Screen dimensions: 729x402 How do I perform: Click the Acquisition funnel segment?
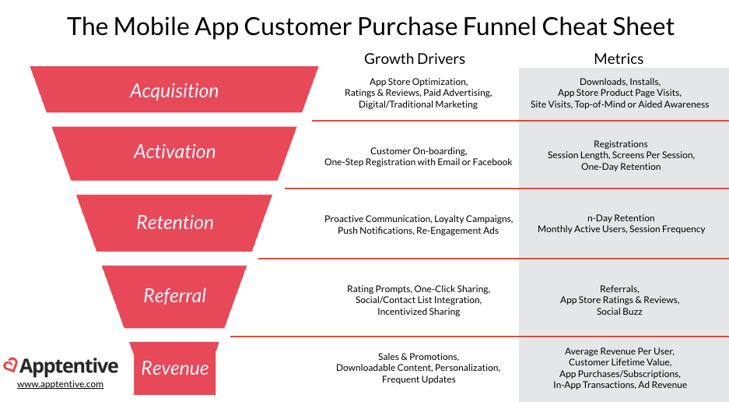tap(174, 90)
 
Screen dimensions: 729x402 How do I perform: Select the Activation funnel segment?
tap(174, 153)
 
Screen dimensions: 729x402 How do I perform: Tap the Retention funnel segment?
tap(174, 223)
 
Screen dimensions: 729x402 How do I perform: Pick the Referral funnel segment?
tap(174, 296)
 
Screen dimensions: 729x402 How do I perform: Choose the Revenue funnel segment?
tap(174, 368)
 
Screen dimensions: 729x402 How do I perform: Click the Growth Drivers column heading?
tap(414, 58)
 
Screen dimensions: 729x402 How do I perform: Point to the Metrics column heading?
tap(619, 58)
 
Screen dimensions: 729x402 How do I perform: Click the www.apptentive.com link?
tap(61, 384)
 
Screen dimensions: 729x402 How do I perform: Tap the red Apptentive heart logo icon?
tap(10, 365)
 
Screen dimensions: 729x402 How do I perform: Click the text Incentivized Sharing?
tap(419, 312)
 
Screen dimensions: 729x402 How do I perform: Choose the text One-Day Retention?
tap(621, 167)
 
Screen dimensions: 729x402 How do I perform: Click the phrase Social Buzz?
tap(619, 312)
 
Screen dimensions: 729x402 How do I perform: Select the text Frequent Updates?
tap(419, 379)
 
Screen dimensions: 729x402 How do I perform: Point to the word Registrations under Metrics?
tap(621, 144)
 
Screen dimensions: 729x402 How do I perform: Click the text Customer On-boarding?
tap(419, 151)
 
